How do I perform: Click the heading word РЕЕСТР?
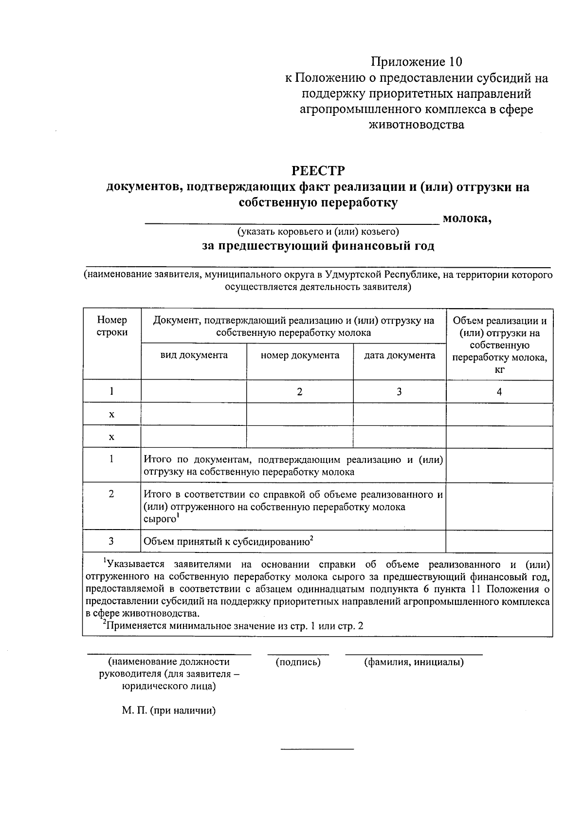tap(318, 171)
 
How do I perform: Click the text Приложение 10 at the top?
tap(416, 62)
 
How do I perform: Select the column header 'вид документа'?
tap(194, 355)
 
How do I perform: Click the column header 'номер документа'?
tap(300, 355)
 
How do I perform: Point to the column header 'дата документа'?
tap(400, 355)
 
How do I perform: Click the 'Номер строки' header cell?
tap(112, 326)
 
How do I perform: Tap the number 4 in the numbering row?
tap(499, 391)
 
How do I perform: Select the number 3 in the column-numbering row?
tap(399, 391)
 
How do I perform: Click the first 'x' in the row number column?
tap(111, 414)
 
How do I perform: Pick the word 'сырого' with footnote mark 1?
tap(160, 519)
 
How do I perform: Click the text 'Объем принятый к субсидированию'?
tap(226, 541)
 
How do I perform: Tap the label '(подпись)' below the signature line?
tap(298, 662)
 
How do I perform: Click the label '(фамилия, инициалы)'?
tap(414, 662)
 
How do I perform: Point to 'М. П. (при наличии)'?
tap(169, 710)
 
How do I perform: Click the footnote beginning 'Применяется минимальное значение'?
tap(234, 626)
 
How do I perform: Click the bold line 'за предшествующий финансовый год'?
tap(318, 246)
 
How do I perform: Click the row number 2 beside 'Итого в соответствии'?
tap(111, 494)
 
